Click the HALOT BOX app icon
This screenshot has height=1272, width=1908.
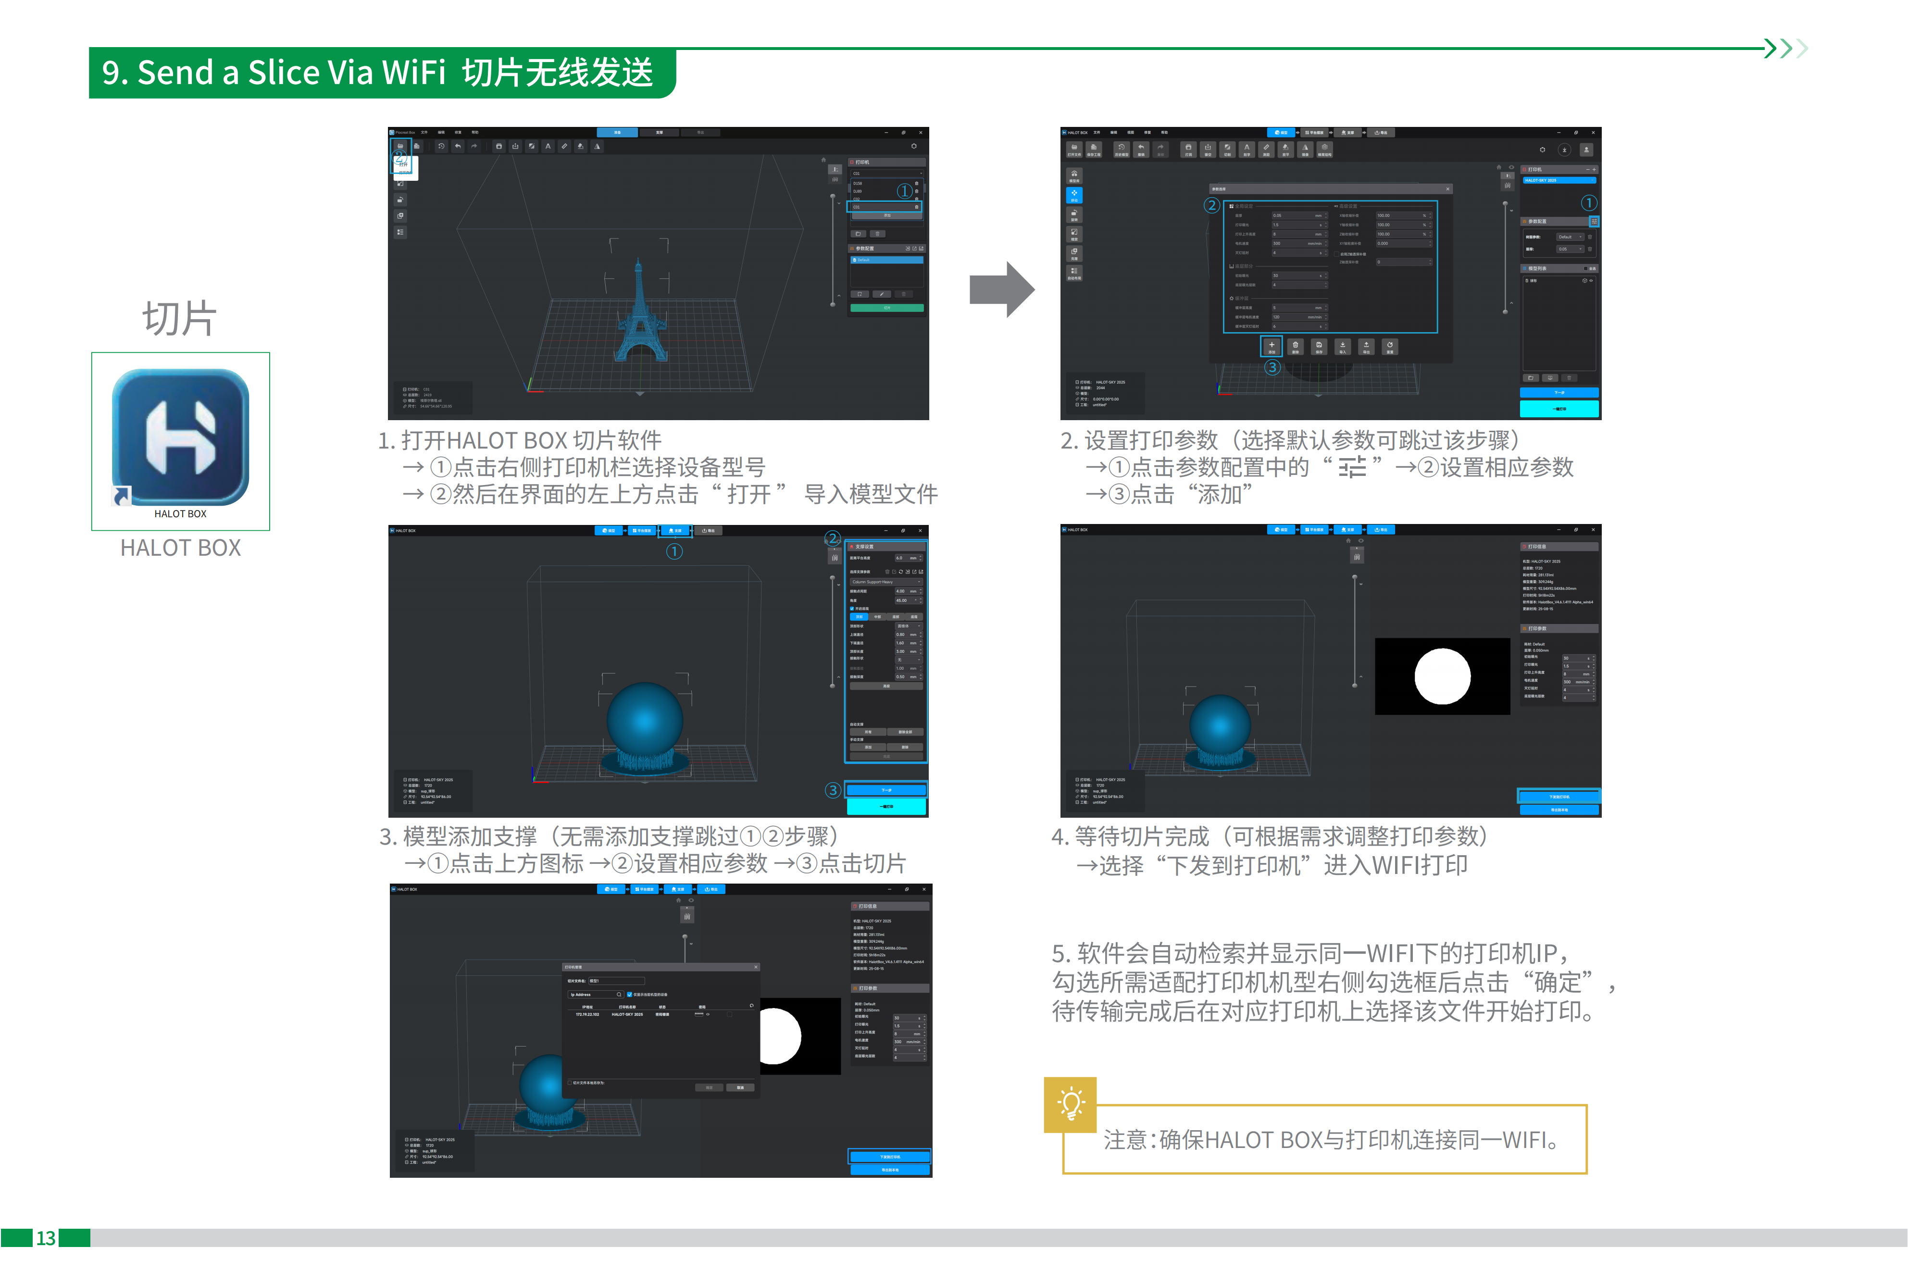180,437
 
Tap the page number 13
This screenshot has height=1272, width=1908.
45,1238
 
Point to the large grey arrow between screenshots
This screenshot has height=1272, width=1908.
1002,289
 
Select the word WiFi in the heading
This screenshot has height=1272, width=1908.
414,73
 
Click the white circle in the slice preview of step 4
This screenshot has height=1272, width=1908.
1442,676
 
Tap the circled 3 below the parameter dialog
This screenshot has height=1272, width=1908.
1272,367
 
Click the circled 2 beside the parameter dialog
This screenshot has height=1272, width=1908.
1211,205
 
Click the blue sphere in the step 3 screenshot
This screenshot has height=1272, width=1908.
645,720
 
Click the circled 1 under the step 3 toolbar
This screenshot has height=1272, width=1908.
674,552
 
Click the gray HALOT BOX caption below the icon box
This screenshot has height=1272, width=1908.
180,549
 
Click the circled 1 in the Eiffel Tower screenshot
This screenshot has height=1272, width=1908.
904,191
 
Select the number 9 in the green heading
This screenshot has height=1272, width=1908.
111,73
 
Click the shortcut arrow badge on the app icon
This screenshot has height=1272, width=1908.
122,495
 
